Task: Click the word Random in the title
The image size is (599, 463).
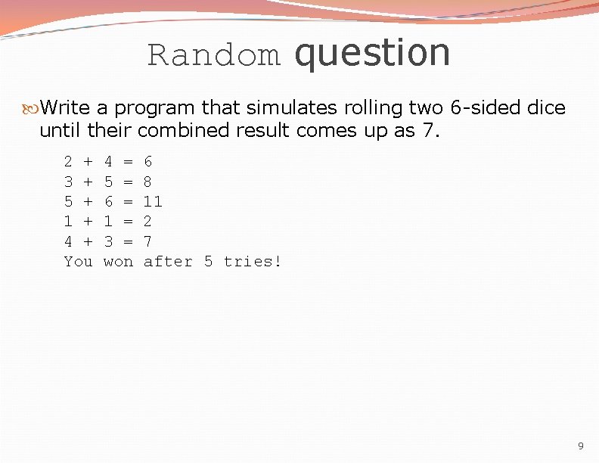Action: tap(214, 55)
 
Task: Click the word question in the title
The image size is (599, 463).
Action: tap(373, 53)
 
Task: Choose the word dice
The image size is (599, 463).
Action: tap(547, 107)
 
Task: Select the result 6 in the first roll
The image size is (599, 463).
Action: tap(147, 161)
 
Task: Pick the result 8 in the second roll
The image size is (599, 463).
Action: tap(147, 182)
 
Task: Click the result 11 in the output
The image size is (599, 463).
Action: tap(153, 201)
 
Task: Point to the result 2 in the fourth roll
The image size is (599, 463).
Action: tap(147, 221)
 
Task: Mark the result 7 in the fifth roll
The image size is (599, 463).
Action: tap(147, 241)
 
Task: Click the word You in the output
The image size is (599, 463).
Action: tap(78, 261)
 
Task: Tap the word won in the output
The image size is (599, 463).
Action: tap(118, 261)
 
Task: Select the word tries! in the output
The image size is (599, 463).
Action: tap(253, 261)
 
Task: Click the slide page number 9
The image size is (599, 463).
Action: tap(580, 446)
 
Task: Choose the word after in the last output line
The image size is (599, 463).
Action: tap(168, 261)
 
